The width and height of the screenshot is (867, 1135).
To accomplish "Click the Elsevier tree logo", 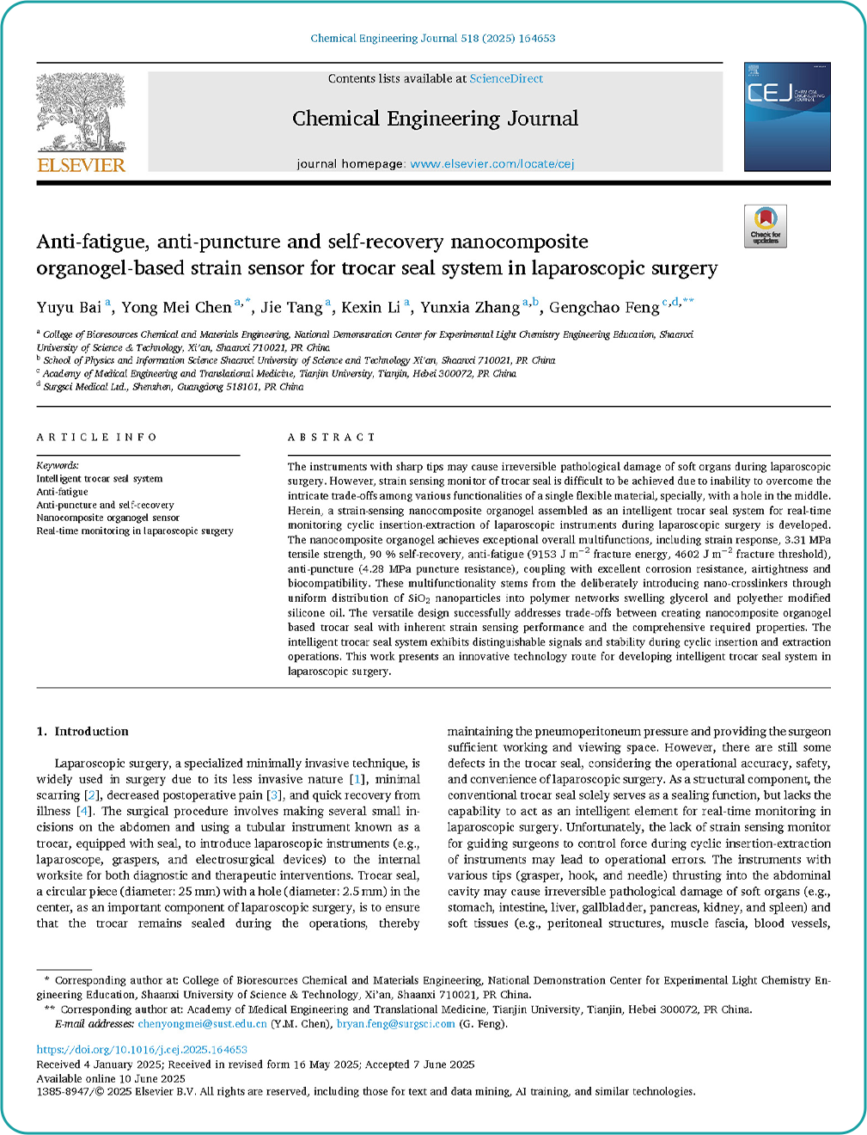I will click(x=81, y=112).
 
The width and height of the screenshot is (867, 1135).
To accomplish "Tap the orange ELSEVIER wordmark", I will click(x=82, y=165).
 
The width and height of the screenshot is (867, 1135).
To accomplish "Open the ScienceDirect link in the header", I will click(x=506, y=78).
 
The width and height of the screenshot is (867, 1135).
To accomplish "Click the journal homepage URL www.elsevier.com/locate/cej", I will click(x=492, y=163).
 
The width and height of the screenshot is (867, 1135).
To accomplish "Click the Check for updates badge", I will click(x=765, y=226).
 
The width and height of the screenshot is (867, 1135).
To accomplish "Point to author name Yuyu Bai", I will click(x=69, y=307).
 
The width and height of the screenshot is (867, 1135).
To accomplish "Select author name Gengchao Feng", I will click(x=604, y=307).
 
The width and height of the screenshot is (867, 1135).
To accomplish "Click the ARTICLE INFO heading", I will click(x=96, y=437).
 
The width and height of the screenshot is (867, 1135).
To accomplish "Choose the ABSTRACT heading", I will click(x=332, y=437).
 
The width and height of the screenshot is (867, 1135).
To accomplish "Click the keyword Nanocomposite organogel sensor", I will click(x=107, y=518).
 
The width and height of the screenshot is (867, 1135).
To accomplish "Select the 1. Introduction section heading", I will click(x=82, y=731).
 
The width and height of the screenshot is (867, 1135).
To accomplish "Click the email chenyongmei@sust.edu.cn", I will click(x=202, y=1024).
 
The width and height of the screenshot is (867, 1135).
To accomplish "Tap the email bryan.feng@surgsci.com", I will click(x=395, y=1024).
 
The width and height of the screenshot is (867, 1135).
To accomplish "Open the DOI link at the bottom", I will click(x=142, y=1049).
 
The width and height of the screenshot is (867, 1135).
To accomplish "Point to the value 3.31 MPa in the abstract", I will click(x=808, y=540).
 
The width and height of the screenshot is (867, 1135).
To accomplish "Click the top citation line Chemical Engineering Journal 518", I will click(x=432, y=38).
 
